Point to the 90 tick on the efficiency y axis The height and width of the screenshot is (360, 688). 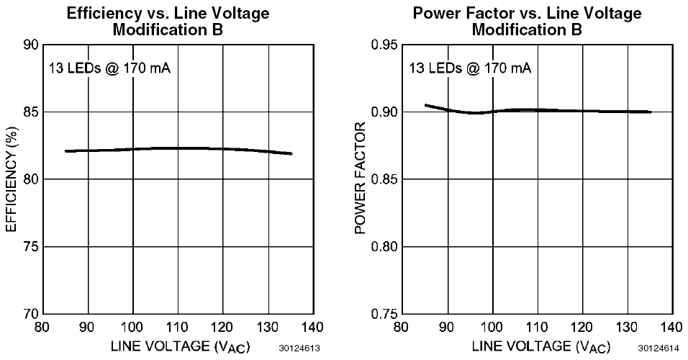[31, 45]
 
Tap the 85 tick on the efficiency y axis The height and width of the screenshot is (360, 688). [31, 112]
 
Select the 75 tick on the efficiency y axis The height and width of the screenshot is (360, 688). [31, 247]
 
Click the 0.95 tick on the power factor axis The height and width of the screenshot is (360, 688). [385, 45]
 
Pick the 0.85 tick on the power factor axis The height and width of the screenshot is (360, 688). [385, 179]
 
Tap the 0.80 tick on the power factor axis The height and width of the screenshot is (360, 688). [385, 247]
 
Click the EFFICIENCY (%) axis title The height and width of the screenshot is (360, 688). [11, 179]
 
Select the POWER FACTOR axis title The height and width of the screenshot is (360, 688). [362, 179]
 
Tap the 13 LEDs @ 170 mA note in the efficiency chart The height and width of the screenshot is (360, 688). [109, 69]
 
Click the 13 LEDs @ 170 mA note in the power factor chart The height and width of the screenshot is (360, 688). [470, 69]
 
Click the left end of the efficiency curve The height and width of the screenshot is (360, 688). [65, 151]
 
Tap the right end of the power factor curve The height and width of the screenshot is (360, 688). [651, 112]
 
